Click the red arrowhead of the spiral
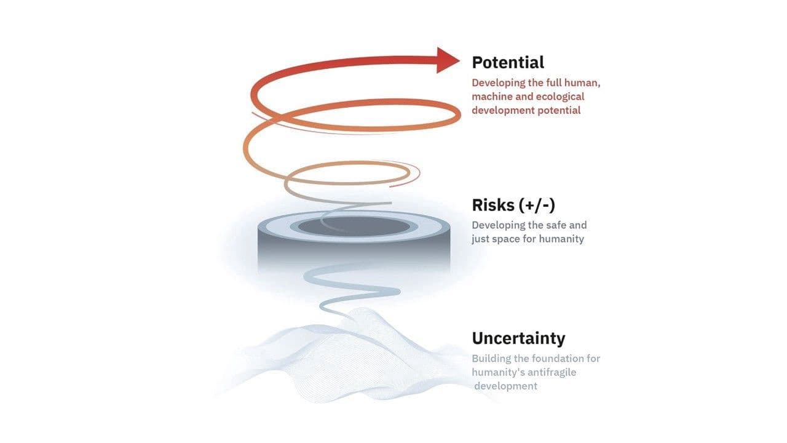tap(447, 60)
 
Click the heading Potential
tap(508, 63)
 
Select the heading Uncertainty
tap(518, 338)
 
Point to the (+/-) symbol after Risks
tap(537, 206)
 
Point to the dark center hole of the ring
tap(354, 226)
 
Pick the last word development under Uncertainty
tap(505, 386)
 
